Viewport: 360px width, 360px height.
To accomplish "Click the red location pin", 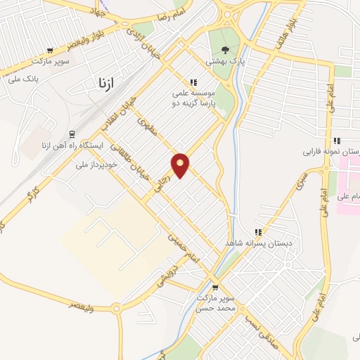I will pos(181,165).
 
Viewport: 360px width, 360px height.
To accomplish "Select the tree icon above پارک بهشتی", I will pos(225,50).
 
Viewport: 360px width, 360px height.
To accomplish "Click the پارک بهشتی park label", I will pos(224,61).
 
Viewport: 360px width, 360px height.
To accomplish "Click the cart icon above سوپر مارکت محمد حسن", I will pos(215,287).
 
